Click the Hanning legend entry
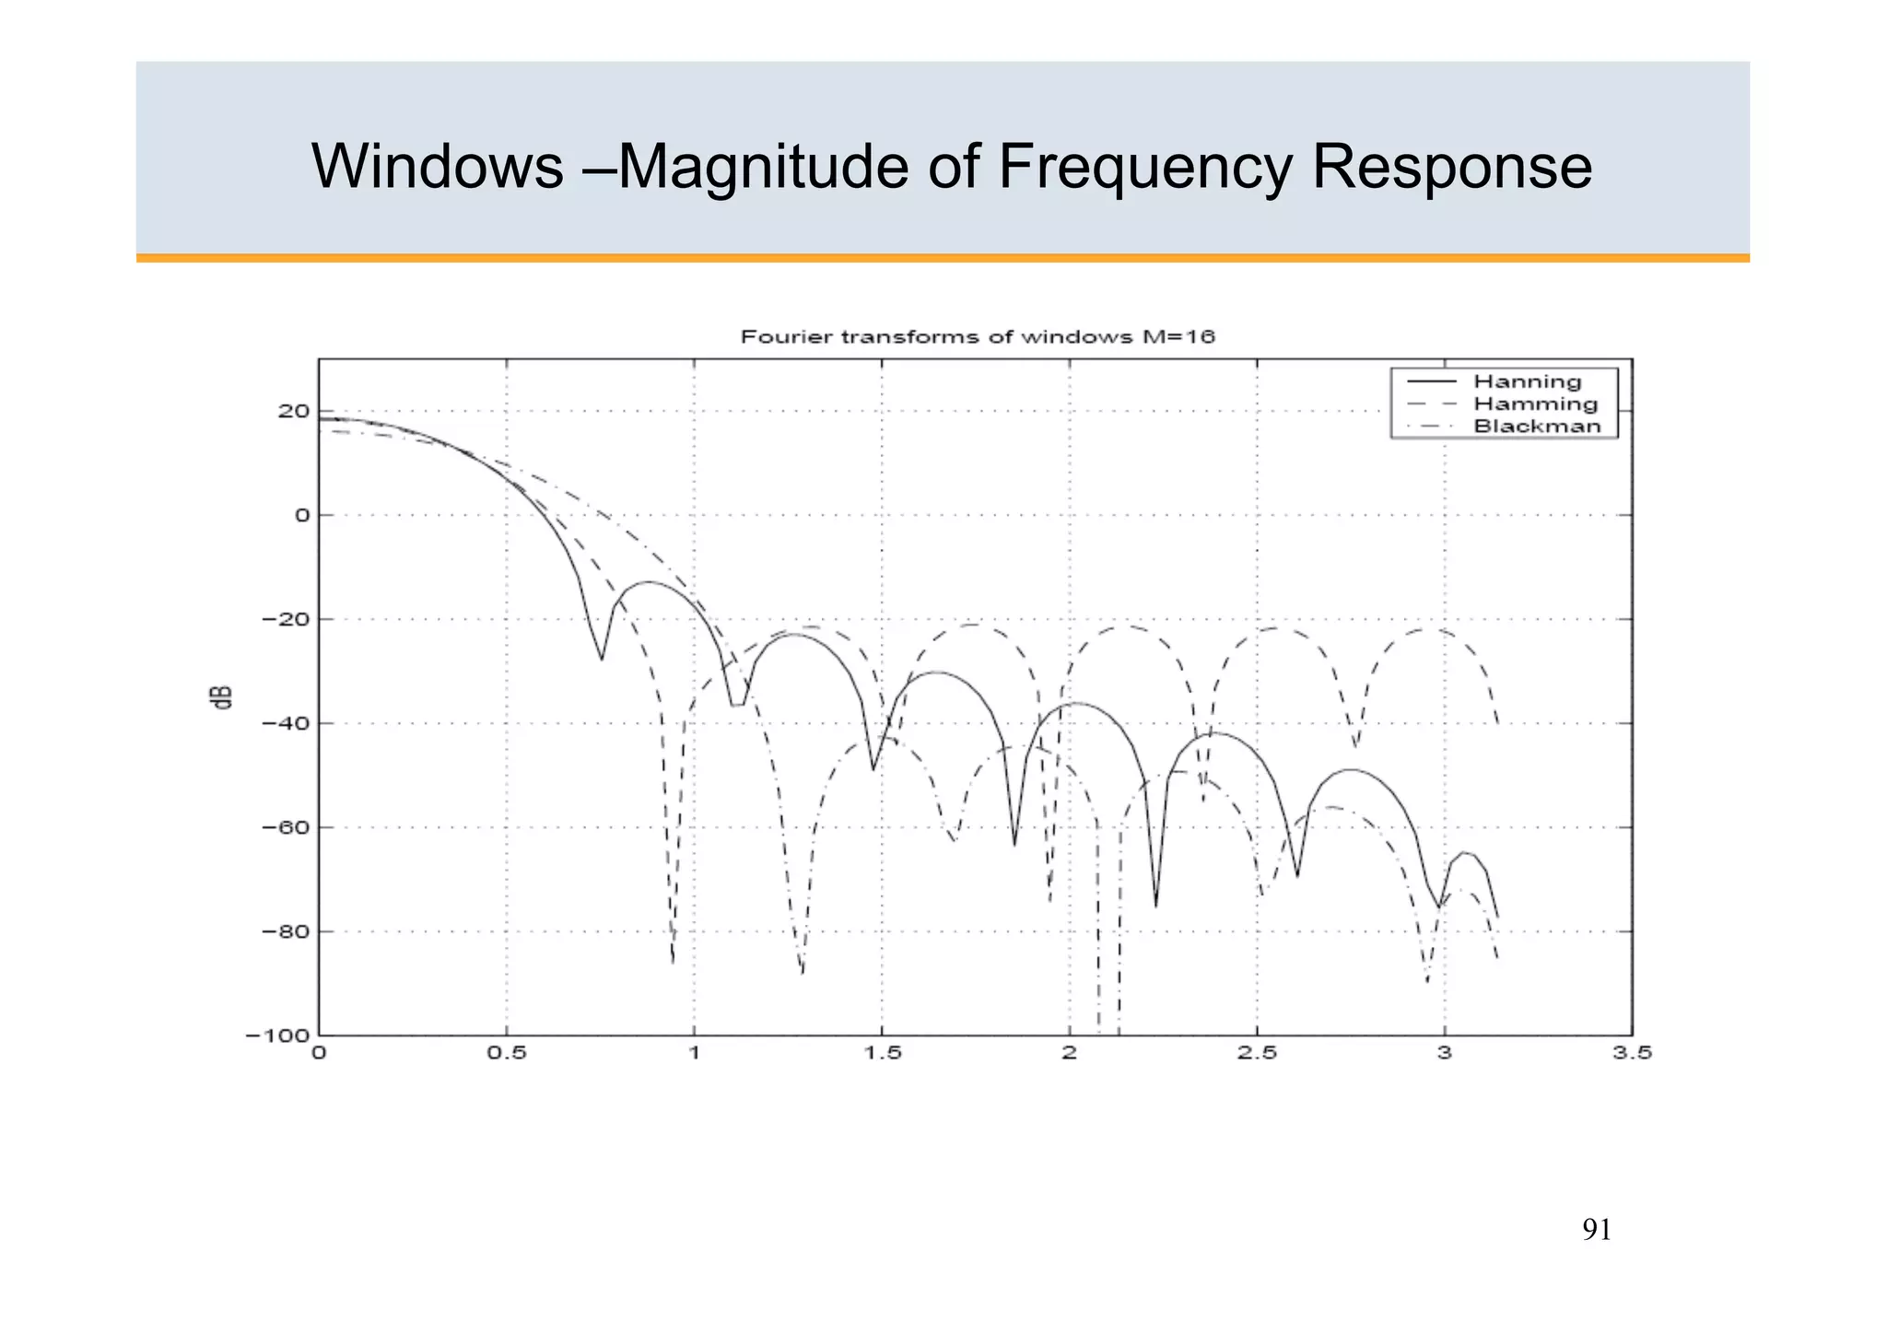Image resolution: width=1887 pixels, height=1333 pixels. [1527, 381]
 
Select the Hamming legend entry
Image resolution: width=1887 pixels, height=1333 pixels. [1535, 403]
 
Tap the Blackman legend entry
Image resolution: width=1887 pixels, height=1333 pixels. [1537, 426]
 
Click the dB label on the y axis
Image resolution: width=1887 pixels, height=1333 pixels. [222, 697]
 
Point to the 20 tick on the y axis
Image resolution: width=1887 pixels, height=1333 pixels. [293, 411]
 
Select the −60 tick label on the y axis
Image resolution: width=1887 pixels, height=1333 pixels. [285, 827]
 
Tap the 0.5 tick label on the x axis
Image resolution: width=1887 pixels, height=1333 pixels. [506, 1053]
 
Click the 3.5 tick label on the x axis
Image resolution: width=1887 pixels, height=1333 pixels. [1632, 1053]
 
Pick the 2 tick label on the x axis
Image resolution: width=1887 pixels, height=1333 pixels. [1069, 1053]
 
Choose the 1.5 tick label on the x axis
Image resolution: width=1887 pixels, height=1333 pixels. [882, 1053]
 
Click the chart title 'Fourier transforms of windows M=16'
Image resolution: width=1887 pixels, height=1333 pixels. [978, 337]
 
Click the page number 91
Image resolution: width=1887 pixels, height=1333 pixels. [1597, 1230]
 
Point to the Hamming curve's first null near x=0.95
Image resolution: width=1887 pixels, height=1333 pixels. [674, 962]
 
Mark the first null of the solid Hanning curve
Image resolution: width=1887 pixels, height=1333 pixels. [602, 659]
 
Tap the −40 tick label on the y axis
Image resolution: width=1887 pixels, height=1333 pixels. [285, 723]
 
